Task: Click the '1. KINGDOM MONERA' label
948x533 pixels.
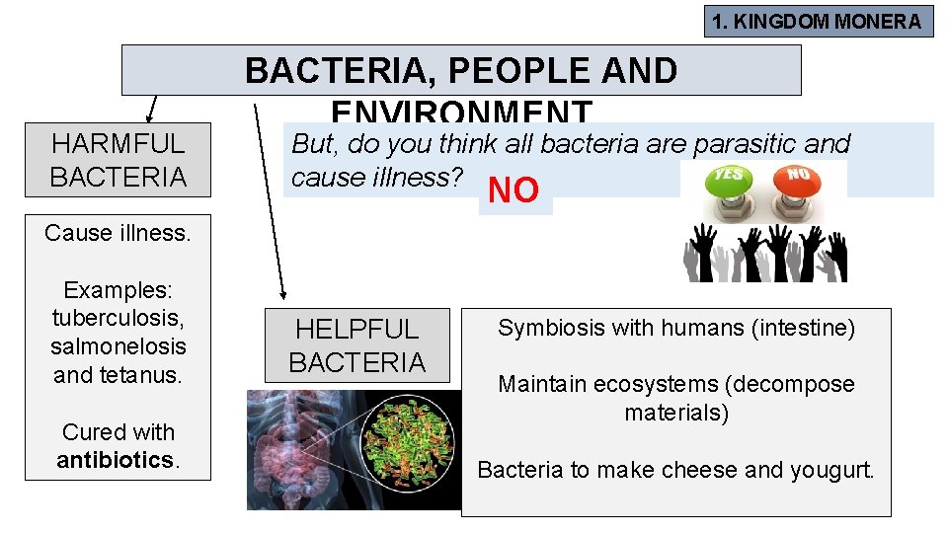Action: pos(819,22)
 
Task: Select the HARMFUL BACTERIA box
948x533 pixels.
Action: pos(118,160)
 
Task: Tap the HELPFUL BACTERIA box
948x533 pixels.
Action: pos(357,345)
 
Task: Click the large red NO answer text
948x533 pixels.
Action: pos(513,191)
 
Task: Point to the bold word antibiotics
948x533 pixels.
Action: pos(115,460)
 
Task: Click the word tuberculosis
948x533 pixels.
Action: pos(118,318)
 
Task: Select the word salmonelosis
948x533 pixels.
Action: pos(118,346)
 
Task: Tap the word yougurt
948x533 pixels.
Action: pos(831,470)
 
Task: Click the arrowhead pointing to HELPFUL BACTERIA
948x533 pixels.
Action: pos(283,292)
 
